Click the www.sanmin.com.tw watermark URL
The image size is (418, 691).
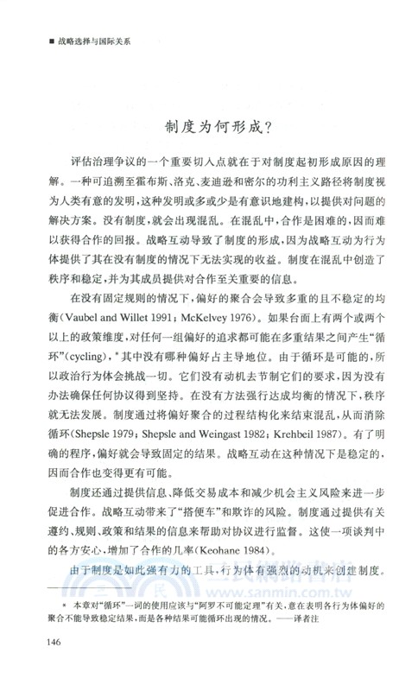pos(345,607)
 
